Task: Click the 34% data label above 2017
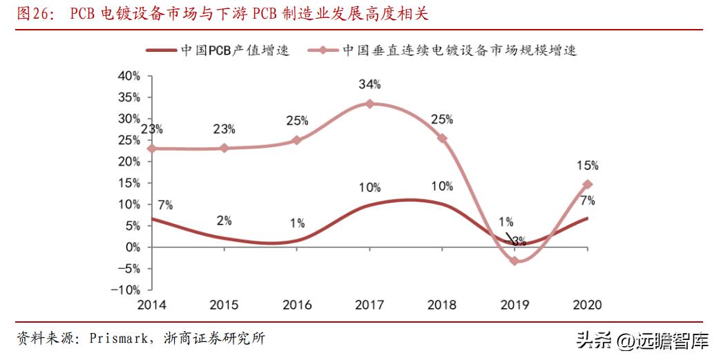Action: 370,84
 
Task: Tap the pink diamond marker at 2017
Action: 370,104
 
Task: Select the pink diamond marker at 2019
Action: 515,260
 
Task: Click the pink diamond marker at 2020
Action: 588,184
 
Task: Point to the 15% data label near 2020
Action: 587,166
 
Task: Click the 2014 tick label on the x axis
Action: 151,305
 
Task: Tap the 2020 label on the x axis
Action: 587,305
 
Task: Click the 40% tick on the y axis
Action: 129,75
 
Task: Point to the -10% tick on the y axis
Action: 126,290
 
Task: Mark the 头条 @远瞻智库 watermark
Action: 642,340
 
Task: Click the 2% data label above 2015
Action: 224,220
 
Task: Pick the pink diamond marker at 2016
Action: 296,140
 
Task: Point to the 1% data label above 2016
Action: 297,222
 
